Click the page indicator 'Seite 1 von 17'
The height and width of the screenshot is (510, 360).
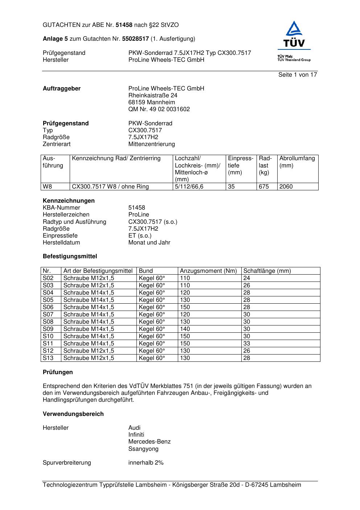298,75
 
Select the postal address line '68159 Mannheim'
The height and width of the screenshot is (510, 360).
152,102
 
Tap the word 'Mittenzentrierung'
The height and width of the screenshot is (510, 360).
152,144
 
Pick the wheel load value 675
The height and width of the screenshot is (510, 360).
264,187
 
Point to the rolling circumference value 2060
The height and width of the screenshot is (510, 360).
286,187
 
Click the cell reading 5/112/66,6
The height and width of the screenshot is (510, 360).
189,187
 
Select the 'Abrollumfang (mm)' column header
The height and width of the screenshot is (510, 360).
297,162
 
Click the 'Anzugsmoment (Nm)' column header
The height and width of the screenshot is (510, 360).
208,271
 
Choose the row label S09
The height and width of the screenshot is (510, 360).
48,329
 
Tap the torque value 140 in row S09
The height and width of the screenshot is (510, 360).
185,329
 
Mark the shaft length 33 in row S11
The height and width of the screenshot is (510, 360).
247,344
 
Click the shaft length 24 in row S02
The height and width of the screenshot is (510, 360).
247,278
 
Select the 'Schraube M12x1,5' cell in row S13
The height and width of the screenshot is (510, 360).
89,358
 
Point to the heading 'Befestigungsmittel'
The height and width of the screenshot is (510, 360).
70,256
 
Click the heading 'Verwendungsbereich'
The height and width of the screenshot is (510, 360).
73,414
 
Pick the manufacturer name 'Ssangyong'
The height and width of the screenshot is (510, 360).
143,449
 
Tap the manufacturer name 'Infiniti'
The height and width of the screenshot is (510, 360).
136,435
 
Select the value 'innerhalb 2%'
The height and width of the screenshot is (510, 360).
146,463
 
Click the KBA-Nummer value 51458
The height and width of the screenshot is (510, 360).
136,208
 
